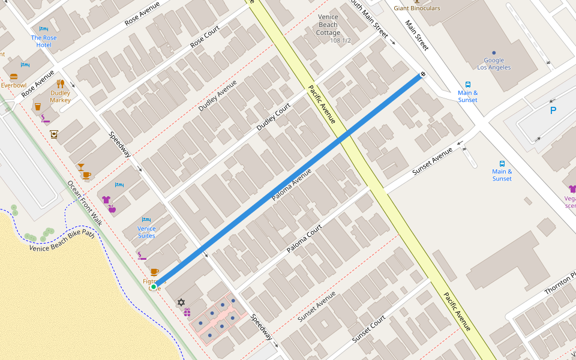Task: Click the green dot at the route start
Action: pyautogui.click(x=154, y=287)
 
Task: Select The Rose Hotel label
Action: pyautogui.click(x=44, y=41)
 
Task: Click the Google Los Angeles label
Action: pyautogui.click(x=494, y=64)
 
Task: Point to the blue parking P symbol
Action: pyautogui.click(x=553, y=110)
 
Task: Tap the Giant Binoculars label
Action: pyautogui.click(x=417, y=8)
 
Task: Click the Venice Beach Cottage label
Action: pyautogui.click(x=329, y=25)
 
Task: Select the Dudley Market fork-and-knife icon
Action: pyautogui.click(x=60, y=84)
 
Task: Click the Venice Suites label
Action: pyautogui.click(x=146, y=232)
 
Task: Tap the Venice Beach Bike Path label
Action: pyautogui.click(x=62, y=239)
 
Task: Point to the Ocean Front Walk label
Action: pyautogui.click(x=85, y=203)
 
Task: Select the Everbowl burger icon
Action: pyautogui.click(x=14, y=77)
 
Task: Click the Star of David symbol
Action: pyautogui.click(x=181, y=302)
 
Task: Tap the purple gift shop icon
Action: pyautogui.click(x=187, y=312)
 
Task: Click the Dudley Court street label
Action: pyautogui.click(x=274, y=118)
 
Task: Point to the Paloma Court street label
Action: pyautogui.click(x=304, y=238)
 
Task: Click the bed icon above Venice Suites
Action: pyautogui.click(x=146, y=220)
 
